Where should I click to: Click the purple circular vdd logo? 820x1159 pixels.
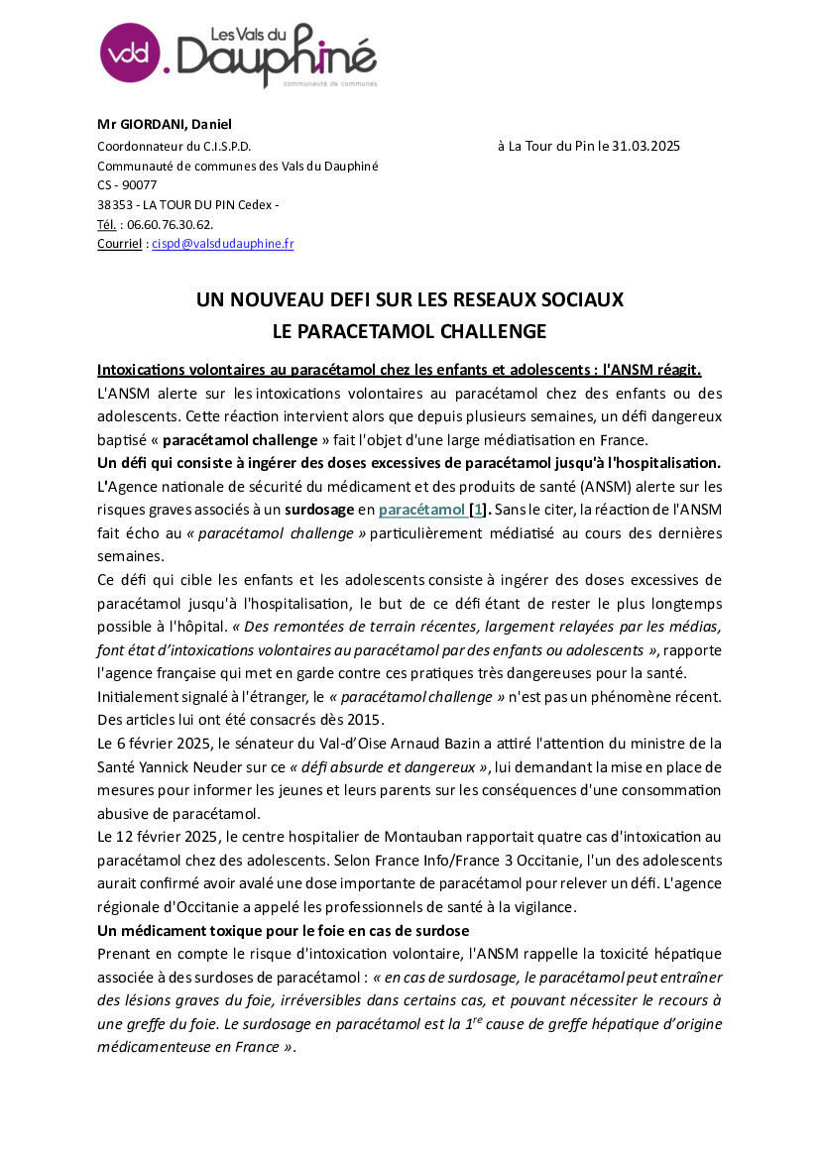130,53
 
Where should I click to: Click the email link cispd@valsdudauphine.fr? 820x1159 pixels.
222,243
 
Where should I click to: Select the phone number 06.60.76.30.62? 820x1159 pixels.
170,224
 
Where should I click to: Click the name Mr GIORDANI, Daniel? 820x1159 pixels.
164,124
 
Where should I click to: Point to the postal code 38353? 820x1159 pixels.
113,204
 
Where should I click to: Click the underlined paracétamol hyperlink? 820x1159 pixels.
422,510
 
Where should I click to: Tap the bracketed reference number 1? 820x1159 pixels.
477,510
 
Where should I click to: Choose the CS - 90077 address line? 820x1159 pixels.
127,184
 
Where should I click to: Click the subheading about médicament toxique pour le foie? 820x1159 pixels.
283,931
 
